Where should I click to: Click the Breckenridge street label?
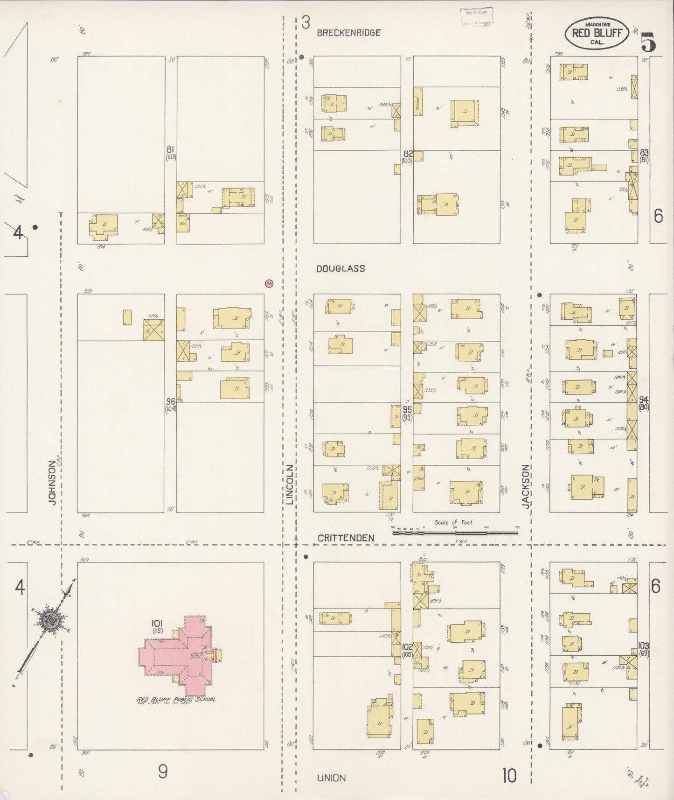pos(349,33)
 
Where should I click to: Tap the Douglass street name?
pos(340,268)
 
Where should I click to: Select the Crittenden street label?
pos(346,538)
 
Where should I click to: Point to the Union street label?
pos(331,778)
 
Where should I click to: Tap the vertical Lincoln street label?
pos(290,485)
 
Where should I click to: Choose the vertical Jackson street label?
pos(526,485)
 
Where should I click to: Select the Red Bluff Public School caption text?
pos(176,700)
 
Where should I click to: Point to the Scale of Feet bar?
pos(455,532)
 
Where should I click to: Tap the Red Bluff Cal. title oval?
pos(597,34)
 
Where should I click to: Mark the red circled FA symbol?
pos(269,283)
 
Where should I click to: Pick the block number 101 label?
pos(156,623)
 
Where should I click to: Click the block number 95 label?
pos(407,409)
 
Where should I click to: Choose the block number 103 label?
pos(644,646)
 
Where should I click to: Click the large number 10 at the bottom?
pos(509,776)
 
